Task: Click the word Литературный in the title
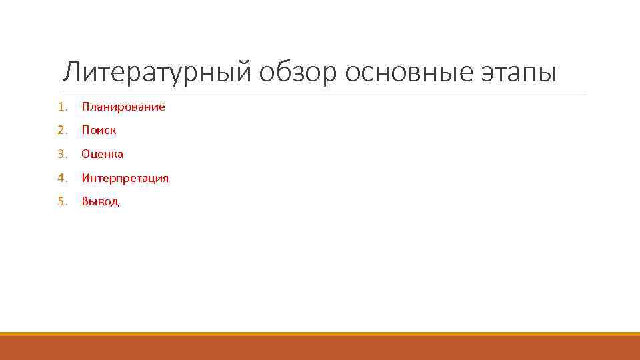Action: [x=156, y=72]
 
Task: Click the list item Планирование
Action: [x=123, y=107]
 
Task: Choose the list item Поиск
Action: [x=99, y=130]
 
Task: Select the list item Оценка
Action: [x=102, y=154]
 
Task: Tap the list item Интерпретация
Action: [x=125, y=178]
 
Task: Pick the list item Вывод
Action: [x=100, y=201]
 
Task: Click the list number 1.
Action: [x=61, y=107]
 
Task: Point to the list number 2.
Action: [x=61, y=130]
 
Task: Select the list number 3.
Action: [x=61, y=154]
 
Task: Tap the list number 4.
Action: [x=61, y=178]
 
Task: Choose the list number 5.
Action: [x=61, y=201]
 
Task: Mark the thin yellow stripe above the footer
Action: [x=320, y=333]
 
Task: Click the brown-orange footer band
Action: [x=320, y=348]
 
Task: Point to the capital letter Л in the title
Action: [x=71, y=72]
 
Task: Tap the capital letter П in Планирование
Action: [x=85, y=107]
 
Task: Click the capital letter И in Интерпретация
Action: [x=85, y=178]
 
